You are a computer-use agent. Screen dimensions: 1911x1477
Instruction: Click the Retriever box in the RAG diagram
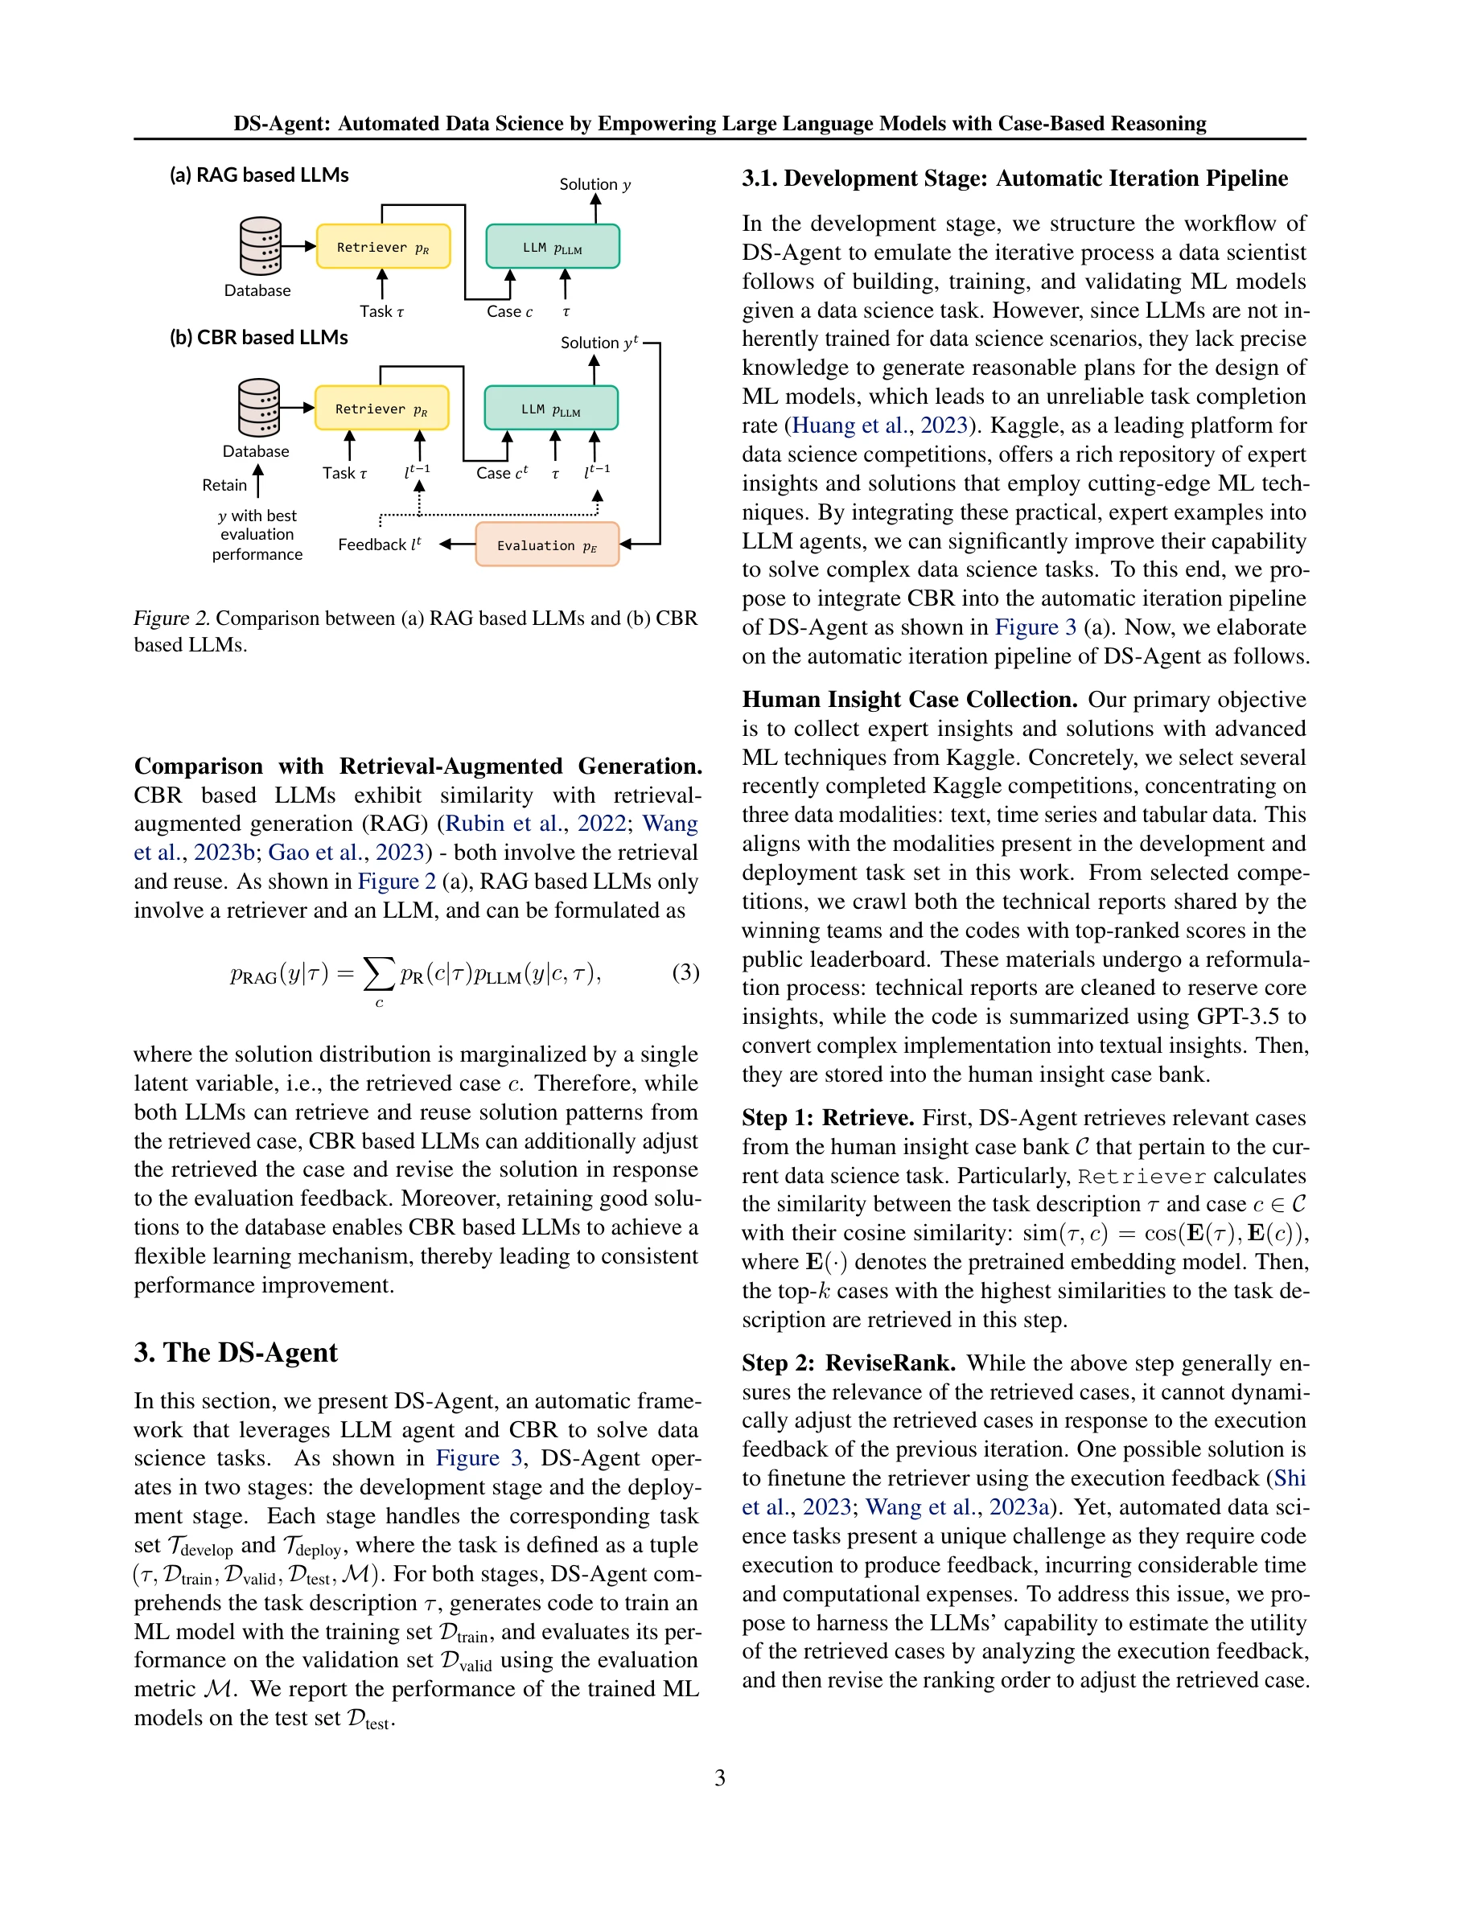tap(382, 247)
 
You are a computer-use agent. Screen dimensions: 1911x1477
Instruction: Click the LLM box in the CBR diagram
tap(550, 409)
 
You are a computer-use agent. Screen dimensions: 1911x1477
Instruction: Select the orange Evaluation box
tap(547, 545)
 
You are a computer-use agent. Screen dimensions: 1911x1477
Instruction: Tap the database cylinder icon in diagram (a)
tap(260, 245)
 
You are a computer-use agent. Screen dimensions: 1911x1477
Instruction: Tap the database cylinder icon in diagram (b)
tap(259, 407)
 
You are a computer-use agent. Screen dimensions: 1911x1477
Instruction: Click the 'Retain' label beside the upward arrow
tap(224, 485)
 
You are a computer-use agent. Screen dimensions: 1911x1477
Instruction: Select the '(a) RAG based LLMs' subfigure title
tap(259, 175)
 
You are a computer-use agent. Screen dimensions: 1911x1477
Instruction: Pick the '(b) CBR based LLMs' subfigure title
tap(258, 338)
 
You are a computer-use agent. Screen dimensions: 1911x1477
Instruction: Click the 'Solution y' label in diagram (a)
tap(595, 185)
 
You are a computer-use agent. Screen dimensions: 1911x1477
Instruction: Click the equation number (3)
tap(685, 972)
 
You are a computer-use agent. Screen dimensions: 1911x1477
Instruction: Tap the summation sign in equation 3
tap(378, 973)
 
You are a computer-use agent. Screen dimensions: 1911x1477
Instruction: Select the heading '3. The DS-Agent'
tap(236, 1353)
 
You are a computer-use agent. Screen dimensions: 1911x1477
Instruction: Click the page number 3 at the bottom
tap(719, 1778)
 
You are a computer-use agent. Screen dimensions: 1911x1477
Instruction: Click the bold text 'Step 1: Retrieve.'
tap(827, 1118)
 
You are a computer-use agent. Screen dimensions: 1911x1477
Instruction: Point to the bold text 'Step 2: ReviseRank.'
tap(848, 1363)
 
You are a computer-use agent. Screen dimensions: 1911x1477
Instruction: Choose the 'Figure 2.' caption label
tap(171, 619)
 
